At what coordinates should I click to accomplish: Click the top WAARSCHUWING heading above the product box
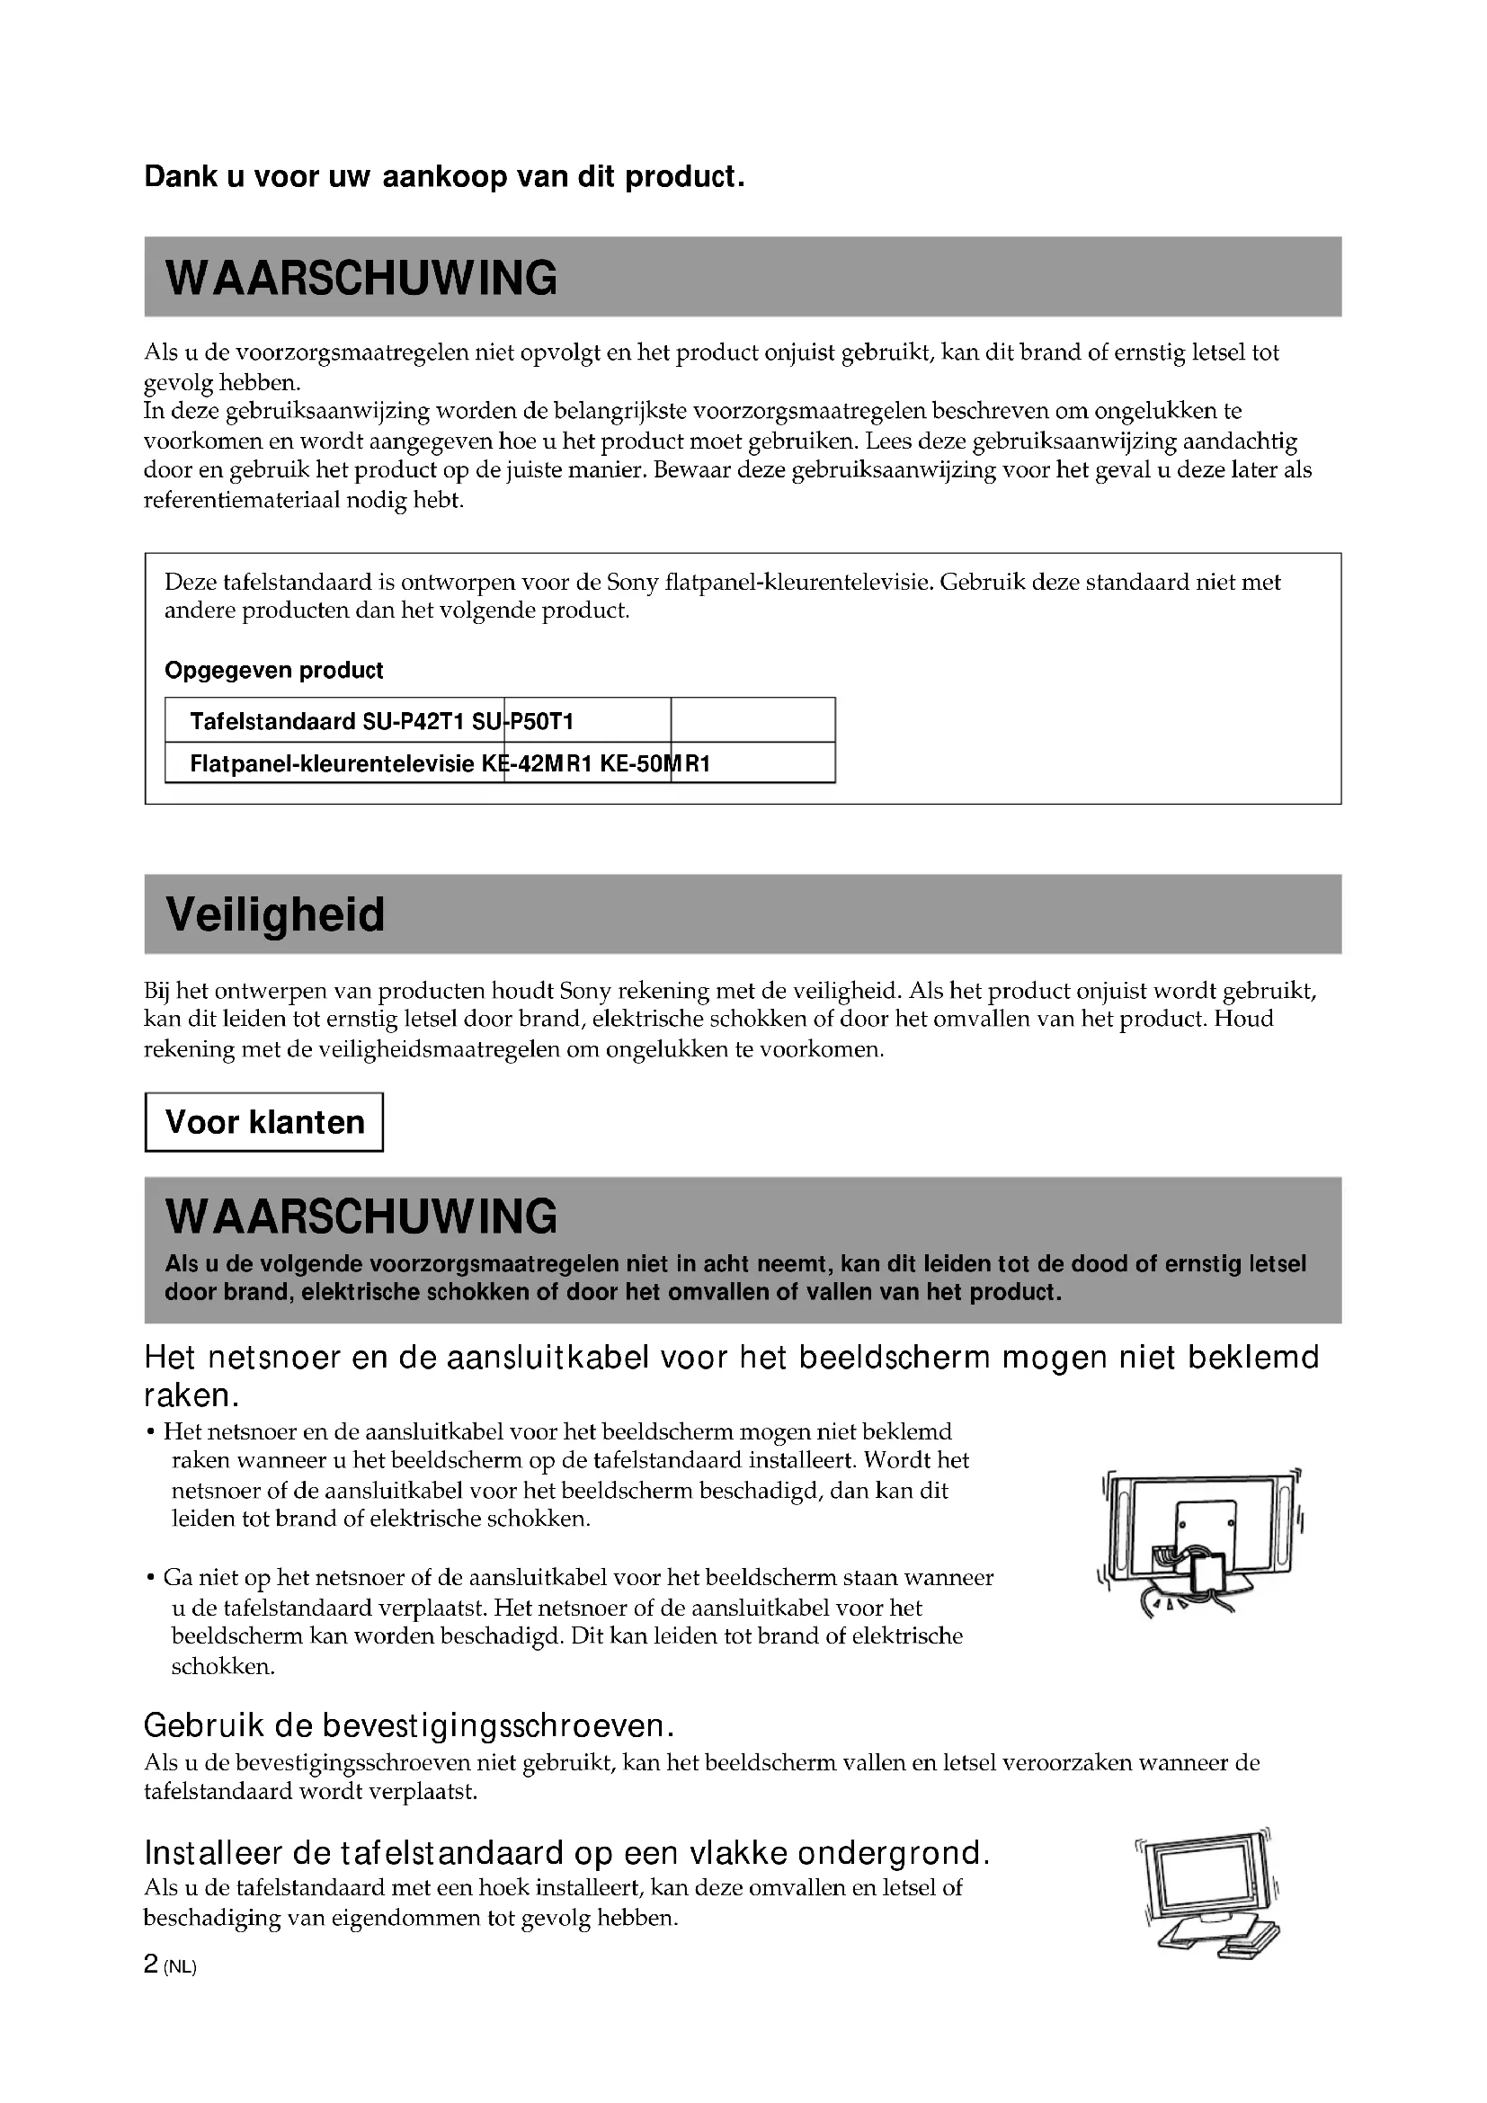(361, 278)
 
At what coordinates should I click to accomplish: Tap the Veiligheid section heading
(275, 915)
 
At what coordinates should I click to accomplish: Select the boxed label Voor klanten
(264, 1122)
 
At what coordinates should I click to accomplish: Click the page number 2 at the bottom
(151, 1965)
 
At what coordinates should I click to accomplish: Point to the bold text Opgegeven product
(274, 671)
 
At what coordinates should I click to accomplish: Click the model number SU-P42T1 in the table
(414, 722)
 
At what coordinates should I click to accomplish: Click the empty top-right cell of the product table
(752, 721)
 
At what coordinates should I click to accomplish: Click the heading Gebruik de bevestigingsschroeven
(409, 1725)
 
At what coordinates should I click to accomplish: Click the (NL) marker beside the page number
(181, 1967)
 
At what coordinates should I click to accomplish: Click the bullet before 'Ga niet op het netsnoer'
(150, 1578)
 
